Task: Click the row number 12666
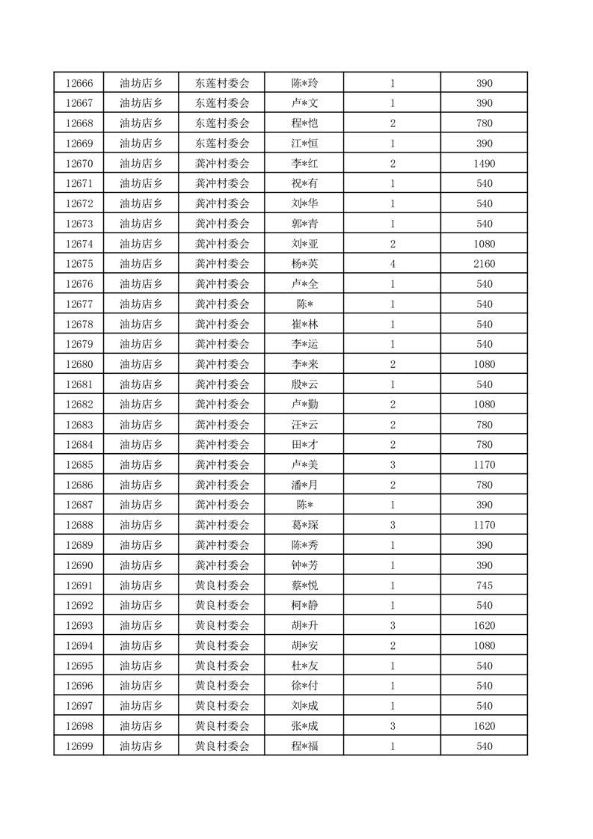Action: click(79, 83)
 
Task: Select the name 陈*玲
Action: click(304, 83)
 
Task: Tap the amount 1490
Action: click(484, 164)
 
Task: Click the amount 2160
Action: click(484, 264)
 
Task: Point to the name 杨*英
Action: click(304, 264)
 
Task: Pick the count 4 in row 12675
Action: click(393, 264)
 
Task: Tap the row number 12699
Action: click(79, 746)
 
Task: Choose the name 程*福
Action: click(304, 746)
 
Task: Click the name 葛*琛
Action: click(304, 525)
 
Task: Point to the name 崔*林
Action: click(304, 325)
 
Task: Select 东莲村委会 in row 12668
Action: click(222, 123)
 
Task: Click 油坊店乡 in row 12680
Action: click(141, 364)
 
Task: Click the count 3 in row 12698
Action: click(393, 726)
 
